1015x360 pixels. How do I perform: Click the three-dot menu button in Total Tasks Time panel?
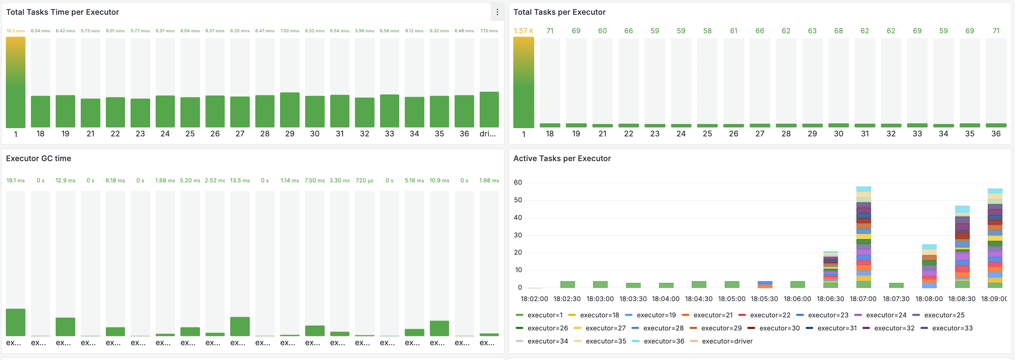point(497,12)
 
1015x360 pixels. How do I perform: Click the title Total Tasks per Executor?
point(559,12)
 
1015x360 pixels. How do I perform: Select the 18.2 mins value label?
point(15,31)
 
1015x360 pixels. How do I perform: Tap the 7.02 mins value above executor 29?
point(290,31)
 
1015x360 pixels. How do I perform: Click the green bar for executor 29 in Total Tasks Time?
point(290,110)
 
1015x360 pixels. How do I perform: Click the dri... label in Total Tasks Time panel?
point(488,134)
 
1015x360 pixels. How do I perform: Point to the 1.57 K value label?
point(523,31)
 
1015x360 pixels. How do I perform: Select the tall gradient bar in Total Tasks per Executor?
point(523,83)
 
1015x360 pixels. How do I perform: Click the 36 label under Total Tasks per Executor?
point(996,134)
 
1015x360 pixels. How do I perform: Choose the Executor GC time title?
point(38,158)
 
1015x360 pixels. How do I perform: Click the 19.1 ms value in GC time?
point(15,180)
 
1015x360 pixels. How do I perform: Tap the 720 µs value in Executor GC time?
point(365,180)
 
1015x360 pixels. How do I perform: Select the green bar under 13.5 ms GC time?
point(240,327)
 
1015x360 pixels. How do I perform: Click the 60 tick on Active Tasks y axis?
point(518,182)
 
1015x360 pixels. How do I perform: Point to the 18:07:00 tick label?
point(863,299)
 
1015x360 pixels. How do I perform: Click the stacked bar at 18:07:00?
point(863,236)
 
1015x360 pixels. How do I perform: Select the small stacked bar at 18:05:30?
point(765,285)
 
